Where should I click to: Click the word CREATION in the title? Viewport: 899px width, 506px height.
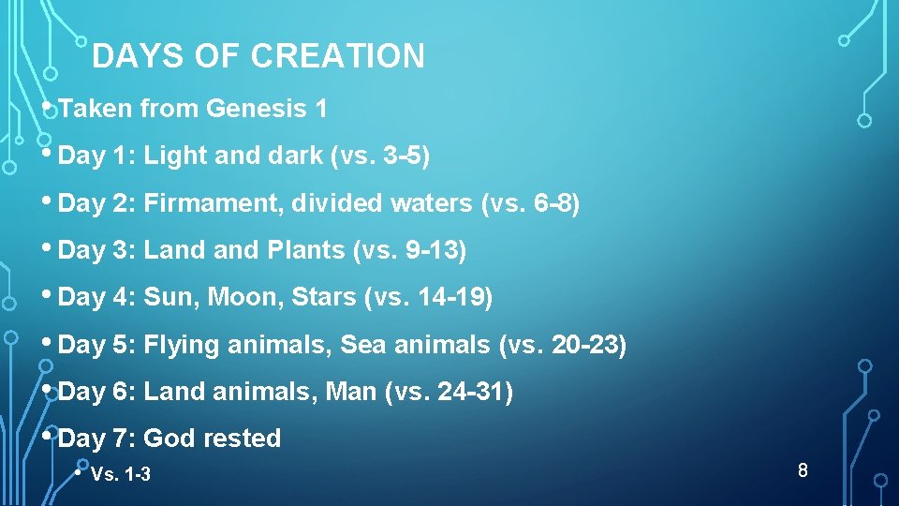337,57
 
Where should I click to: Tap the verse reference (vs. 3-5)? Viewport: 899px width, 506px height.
380,156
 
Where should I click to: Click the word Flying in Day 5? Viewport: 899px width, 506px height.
182,345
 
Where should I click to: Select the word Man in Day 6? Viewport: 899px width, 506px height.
350,392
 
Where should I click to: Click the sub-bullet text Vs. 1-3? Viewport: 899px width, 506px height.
121,475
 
